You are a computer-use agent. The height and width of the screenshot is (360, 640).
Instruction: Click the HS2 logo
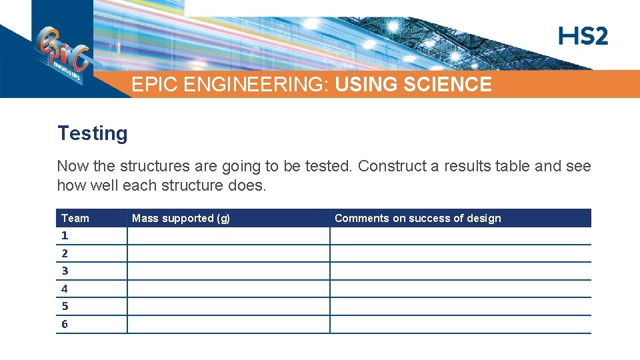[583, 36]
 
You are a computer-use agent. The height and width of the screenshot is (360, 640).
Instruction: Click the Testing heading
[92, 133]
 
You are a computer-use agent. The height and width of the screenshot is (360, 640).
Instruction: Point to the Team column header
[75, 218]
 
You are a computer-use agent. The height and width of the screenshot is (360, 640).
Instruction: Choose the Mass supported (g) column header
[181, 218]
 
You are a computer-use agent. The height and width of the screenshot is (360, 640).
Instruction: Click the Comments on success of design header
[417, 218]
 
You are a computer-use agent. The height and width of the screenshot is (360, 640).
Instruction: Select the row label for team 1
[65, 235]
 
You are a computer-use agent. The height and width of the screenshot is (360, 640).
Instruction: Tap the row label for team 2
[65, 253]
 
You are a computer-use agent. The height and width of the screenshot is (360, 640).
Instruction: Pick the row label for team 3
[65, 271]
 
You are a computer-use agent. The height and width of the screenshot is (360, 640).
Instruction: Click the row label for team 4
[65, 289]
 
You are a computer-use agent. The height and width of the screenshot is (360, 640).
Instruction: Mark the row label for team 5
[65, 306]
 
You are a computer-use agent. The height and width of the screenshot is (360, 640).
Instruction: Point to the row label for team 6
[65, 324]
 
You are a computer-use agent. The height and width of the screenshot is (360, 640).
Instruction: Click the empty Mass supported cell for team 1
[228, 236]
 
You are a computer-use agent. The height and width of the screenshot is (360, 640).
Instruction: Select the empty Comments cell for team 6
[460, 325]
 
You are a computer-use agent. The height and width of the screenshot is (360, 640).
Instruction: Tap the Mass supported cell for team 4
[228, 289]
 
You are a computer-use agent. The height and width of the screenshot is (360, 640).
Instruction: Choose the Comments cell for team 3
[460, 271]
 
